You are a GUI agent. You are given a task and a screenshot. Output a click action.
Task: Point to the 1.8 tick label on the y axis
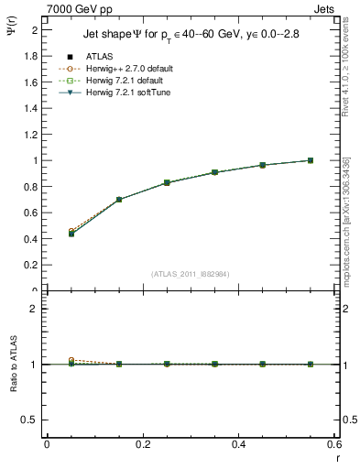(x=31, y=56)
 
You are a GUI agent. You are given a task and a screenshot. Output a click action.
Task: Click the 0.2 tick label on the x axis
(x=142, y=444)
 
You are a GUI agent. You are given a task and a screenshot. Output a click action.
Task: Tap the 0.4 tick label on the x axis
(x=238, y=444)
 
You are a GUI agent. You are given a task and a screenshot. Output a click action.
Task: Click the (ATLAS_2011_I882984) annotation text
(x=189, y=273)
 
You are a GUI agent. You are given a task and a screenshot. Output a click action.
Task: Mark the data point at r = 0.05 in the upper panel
(x=71, y=234)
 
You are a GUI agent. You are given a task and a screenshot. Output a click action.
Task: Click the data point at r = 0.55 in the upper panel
(x=311, y=160)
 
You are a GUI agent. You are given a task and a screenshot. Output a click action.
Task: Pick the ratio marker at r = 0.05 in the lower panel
(x=71, y=364)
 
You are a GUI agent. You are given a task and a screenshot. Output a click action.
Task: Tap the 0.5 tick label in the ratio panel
(x=31, y=420)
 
